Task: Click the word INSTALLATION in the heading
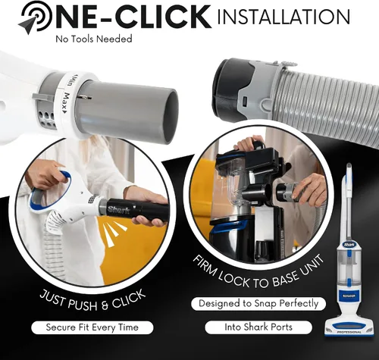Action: coord(283,16)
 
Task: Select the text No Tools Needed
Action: coord(94,39)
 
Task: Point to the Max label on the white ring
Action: coord(65,103)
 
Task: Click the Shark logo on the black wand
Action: coord(119,210)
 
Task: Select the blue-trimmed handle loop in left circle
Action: coord(49,191)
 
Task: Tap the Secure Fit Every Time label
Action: coord(92,327)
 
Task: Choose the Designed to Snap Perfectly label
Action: coord(258,303)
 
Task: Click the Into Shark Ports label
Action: coord(258,327)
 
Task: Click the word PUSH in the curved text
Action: coord(83,305)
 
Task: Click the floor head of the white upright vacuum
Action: coord(349,327)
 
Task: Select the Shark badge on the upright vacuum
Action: coord(349,245)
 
